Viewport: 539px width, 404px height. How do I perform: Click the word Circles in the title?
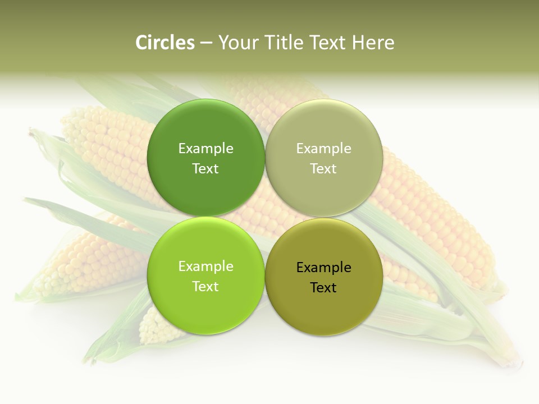tap(165, 43)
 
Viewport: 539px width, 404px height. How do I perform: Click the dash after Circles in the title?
tap(206, 43)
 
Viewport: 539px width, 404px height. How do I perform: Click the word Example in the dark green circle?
tap(205, 149)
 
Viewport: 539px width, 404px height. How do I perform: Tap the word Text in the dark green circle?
tap(205, 169)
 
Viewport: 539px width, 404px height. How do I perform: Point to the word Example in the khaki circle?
tap(324, 149)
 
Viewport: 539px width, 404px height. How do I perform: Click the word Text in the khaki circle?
tap(324, 169)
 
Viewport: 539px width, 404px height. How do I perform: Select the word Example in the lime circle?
tap(205, 267)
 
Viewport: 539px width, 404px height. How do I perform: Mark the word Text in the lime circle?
tap(205, 287)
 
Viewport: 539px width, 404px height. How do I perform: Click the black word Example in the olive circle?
tap(324, 268)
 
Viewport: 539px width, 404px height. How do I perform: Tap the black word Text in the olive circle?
tap(324, 288)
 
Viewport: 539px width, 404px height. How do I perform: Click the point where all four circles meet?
tap(265, 217)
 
